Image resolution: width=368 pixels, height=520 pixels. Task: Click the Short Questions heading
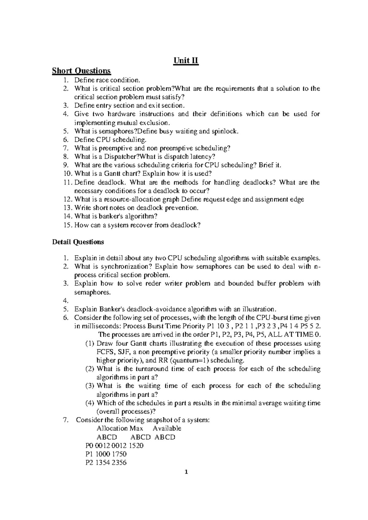[81, 71]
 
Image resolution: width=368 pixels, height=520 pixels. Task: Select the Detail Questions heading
[78, 242]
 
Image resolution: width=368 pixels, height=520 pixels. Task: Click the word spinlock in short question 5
[224, 131]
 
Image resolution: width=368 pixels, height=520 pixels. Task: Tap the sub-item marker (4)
[90, 403]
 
